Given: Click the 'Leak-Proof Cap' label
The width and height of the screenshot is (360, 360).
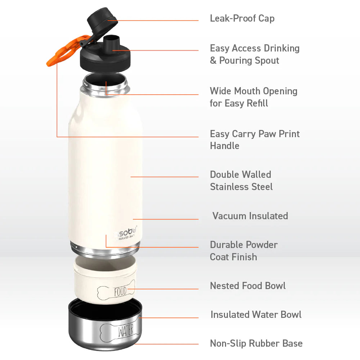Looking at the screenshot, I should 242,18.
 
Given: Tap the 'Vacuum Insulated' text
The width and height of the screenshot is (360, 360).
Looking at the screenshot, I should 250,216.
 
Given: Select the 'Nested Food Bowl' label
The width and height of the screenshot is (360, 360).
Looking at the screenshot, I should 248,286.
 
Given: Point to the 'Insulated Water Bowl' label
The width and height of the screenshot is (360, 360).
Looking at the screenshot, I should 256,315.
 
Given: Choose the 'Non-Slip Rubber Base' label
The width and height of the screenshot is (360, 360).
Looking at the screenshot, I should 256,343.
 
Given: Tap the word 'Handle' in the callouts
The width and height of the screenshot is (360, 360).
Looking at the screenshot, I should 225,146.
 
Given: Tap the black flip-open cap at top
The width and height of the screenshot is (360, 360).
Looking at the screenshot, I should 103,23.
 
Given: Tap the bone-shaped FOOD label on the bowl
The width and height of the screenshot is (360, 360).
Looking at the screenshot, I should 120,291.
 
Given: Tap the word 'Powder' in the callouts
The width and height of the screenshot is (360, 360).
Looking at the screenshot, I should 261,245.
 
